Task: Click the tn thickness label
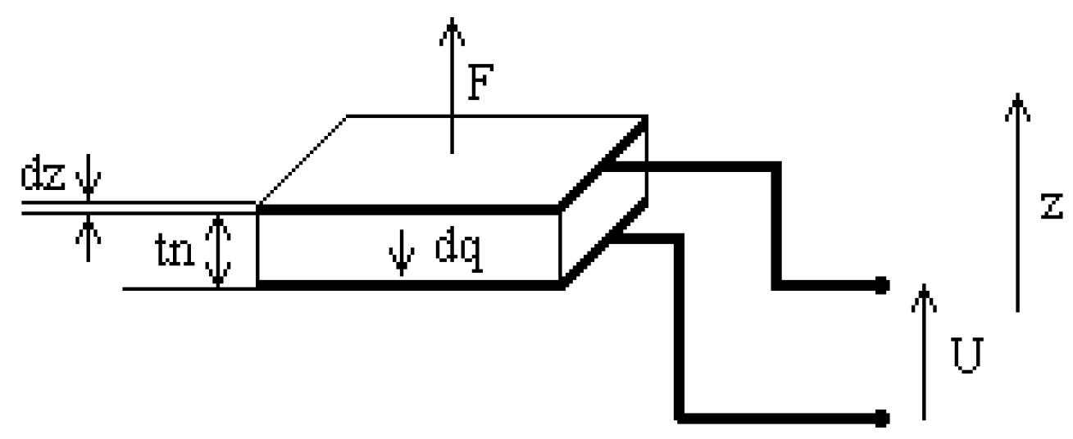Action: point(175,250)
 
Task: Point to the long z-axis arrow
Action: point(1017,205)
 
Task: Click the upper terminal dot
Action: point(880,285)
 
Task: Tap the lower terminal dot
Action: point(880,418)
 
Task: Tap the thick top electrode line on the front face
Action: point(410,208)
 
